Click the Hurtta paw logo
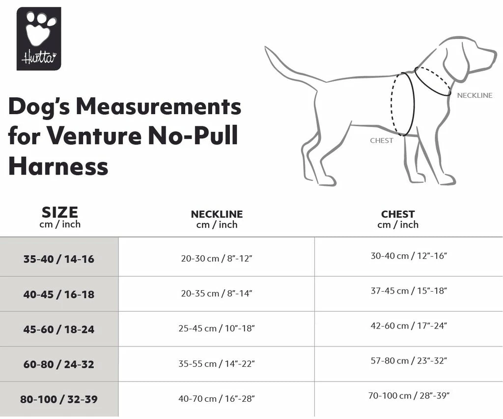(x=39, y=38)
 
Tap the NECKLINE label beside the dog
(x=474, y=95)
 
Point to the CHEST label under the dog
(x=382, y=141)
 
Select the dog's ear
(x=455, y=64)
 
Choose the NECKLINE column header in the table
(x=217, y=219)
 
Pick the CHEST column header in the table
(x=398, y=219)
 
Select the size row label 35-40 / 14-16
(x=59, y=259)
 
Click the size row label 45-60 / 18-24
(x=59, y=329)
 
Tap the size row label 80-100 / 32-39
(x=59, y=399)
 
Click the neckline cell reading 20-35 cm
(x=217, y=294)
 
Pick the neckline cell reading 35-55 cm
(x=217, y=364)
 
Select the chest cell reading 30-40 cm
(x=409, y=256)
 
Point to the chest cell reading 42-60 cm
(x=409, y=326)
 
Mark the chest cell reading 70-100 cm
(x=409, y=395)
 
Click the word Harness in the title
(x=58, y=166)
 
